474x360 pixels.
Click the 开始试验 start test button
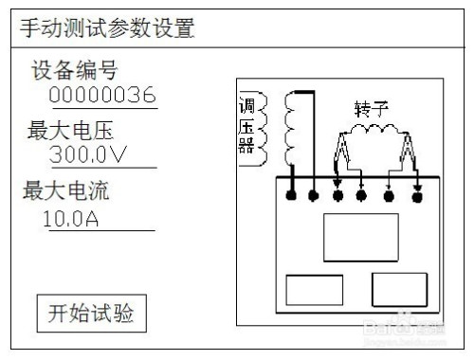(91, 313)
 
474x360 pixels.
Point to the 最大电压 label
(76, 130)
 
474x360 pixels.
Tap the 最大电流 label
(66, 192)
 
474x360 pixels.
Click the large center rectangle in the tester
(361, 237)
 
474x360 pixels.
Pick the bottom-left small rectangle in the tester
(314, 288)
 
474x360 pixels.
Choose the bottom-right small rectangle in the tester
(399, 288)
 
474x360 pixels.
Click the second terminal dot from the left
(314, 197)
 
